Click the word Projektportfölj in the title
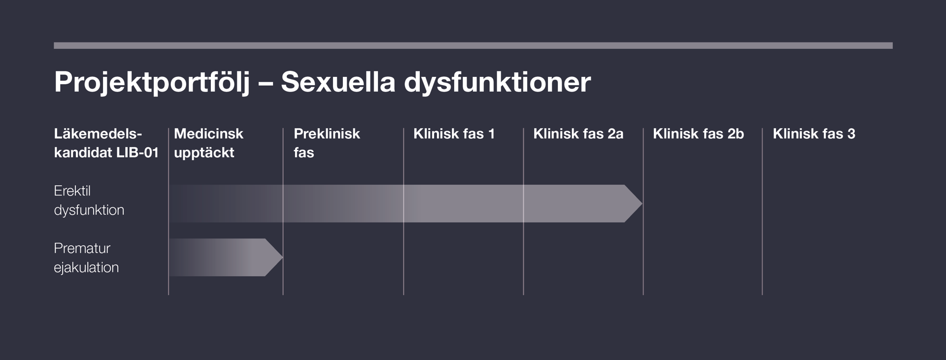(x=152, y=82)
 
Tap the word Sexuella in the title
(x=338, y=81)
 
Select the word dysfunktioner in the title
(x=497, y=82)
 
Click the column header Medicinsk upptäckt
(x=208, y=143)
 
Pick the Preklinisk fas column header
(x=327, y=143)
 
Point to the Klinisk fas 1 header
(x=454, y=133)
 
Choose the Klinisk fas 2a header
(x=578, y=133)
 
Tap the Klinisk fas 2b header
(x=698, y=133)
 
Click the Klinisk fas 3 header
(x=813, y=133)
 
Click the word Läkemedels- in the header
(x=98, y=133)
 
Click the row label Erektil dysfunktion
(x=89, y=200)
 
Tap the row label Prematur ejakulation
(x=86, y=258)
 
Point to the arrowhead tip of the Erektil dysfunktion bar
(x=642, y=203)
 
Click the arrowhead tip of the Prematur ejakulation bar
(x=282, y=257)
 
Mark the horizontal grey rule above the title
(x=473, y=45)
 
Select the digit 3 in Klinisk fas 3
(x=851, y=134)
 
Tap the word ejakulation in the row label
(x=86, y=267)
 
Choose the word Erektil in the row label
(x=72, y=191)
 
